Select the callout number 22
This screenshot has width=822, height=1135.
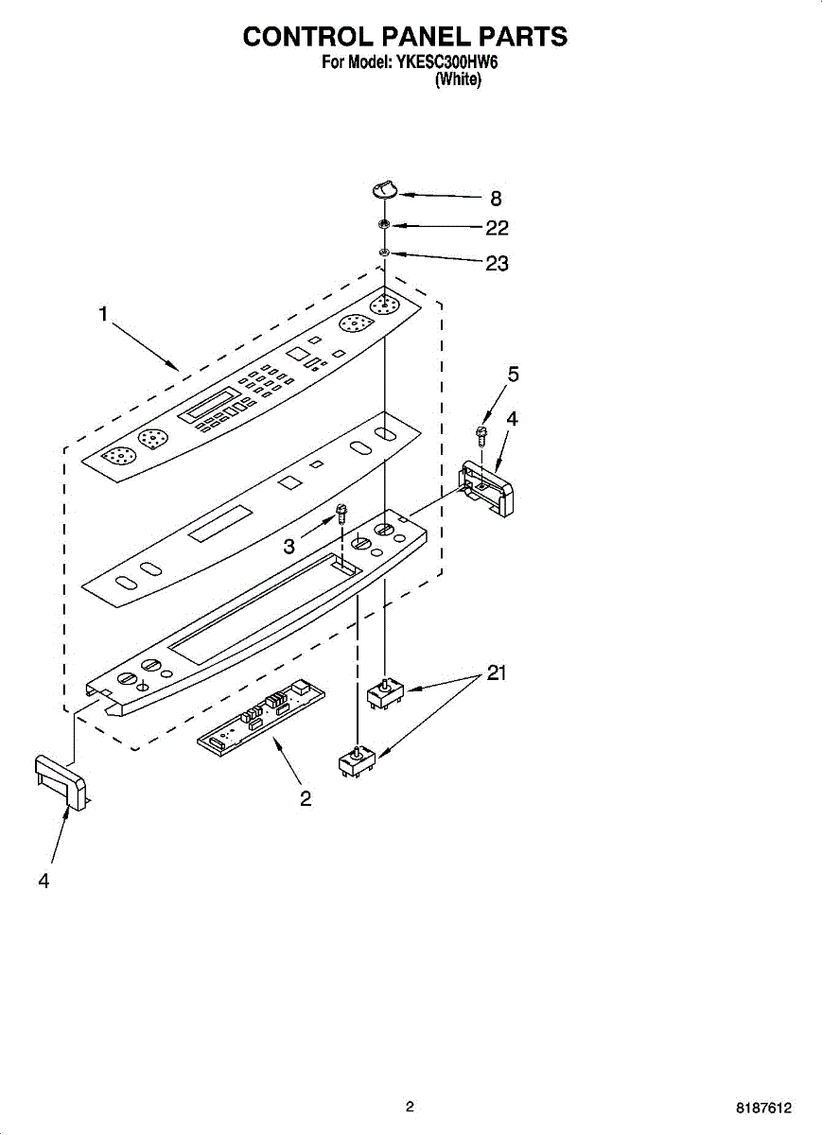(x=497, y=228)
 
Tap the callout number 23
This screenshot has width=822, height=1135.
(x=497, y=264)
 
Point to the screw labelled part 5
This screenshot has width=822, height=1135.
(x=481, y=436)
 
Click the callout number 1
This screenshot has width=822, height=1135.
(x=103, y=315)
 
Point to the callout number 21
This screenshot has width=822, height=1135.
(x=497, y=673)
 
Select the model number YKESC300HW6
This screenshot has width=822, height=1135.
(x=448, y=63)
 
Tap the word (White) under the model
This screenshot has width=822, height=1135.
(x=458, y=81)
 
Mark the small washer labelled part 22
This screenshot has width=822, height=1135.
(x=384, y=225)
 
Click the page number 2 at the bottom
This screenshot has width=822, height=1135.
(x=410, y=1107)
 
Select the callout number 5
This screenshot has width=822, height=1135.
(x=513, y=375)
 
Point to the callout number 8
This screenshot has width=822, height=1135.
(x=496, y=199)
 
